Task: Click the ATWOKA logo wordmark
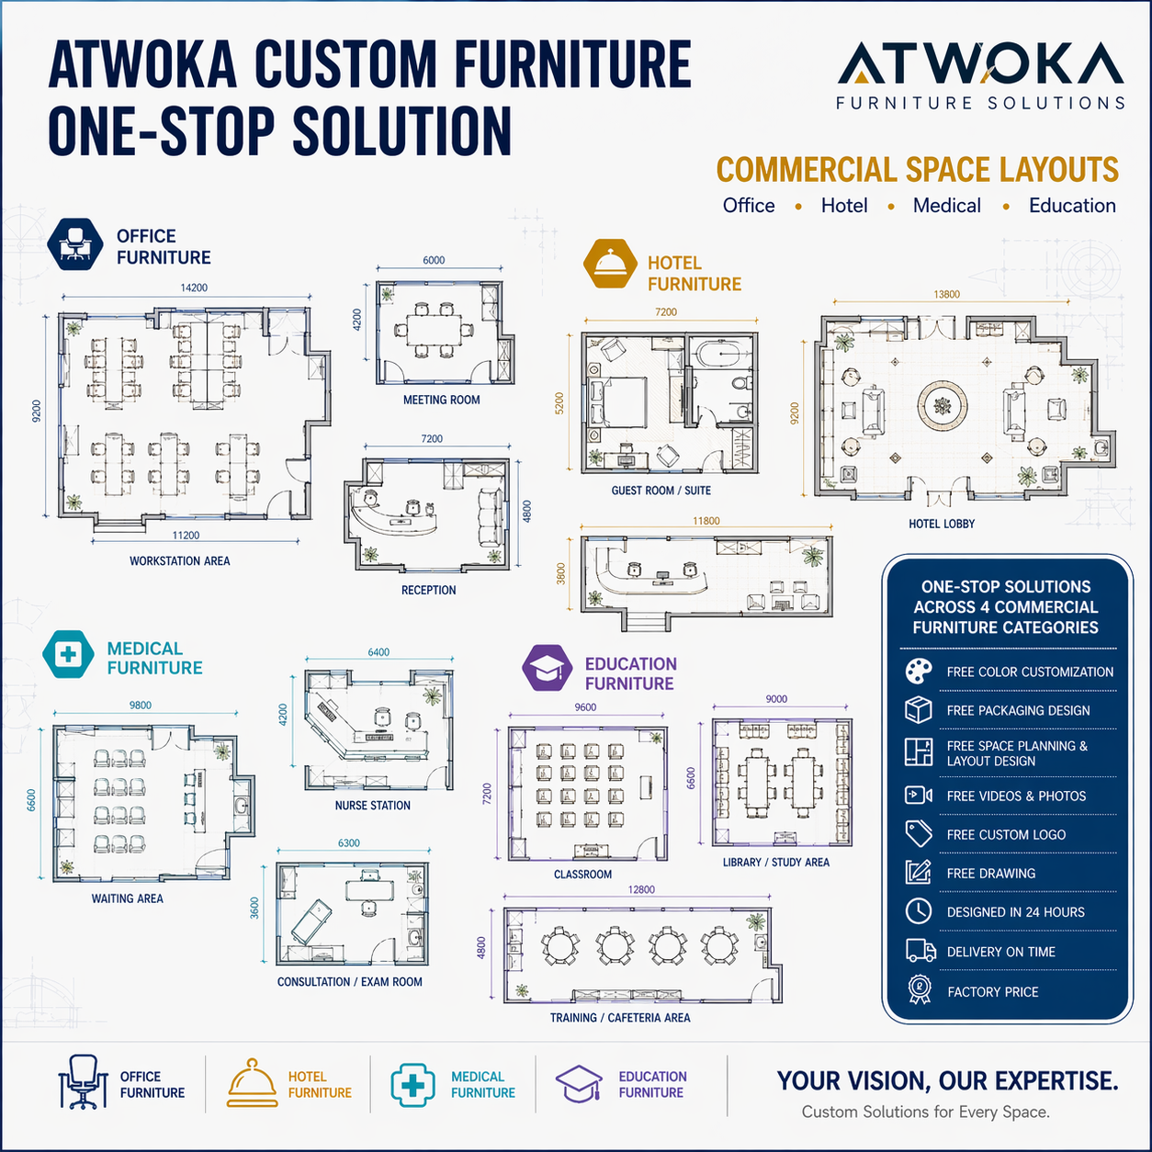point(980,62)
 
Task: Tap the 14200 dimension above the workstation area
point(194,288)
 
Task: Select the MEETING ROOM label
point(441,400)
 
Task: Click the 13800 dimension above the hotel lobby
point(946,294)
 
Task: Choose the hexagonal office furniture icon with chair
point(74,244)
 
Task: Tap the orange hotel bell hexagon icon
point(610,264)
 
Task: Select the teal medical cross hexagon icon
point(68,653)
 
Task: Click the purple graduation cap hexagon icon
point(547,668)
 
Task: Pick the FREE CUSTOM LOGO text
point(1006,834)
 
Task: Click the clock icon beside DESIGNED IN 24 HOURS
point(919,911)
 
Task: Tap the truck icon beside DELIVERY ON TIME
point(920,951)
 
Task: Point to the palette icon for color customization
point(919,672)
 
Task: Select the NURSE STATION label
point(372,806)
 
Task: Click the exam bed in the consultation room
point(311,923)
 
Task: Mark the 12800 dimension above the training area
point(641,889)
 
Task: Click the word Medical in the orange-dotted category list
point(946,206)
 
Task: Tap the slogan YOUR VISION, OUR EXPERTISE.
point(947,1080)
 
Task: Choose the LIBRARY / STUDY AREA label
point(776,862)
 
